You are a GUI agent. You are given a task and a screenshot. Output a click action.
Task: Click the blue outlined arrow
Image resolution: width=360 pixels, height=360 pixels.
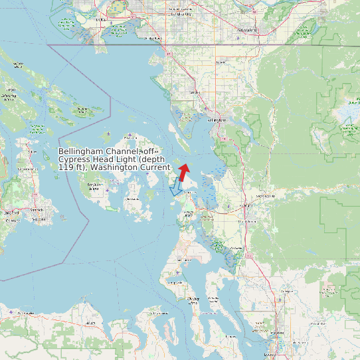[x=176, y=187]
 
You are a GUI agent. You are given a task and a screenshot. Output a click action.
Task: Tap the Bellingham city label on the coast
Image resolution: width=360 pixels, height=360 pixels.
[x=217, y=120]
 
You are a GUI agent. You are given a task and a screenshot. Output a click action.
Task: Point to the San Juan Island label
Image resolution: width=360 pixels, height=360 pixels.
[x=94, y=189]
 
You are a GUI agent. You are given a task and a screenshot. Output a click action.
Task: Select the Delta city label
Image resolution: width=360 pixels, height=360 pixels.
[x=101, y=20]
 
